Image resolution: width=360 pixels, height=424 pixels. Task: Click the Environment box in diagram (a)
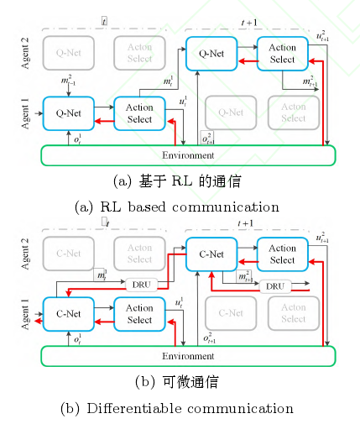(x=188, y=155)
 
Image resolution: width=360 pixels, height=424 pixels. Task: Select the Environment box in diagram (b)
(x=188, y=355)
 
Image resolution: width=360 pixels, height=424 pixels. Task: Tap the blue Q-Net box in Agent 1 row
(x=67, y=113)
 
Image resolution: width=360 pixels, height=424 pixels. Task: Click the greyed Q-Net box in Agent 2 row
(x=67, y=53)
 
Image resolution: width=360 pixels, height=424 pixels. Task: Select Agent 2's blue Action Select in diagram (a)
(x=283, y=53)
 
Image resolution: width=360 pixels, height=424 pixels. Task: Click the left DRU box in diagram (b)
(x=141, y=284)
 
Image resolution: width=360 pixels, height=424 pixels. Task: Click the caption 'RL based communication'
(x=176, y=207)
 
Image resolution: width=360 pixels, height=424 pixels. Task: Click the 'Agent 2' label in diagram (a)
(x=25, y=52)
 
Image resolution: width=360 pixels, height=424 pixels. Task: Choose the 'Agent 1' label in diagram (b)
(x=25, y=312)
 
